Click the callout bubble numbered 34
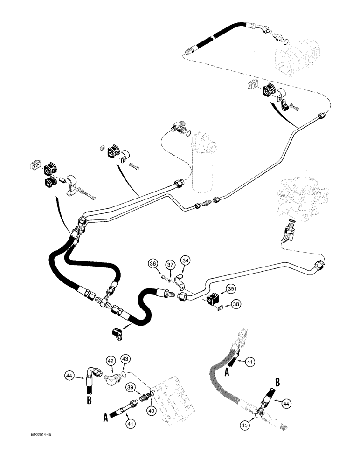point(186,260)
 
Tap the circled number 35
point(231,289)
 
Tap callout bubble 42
point(111,361)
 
